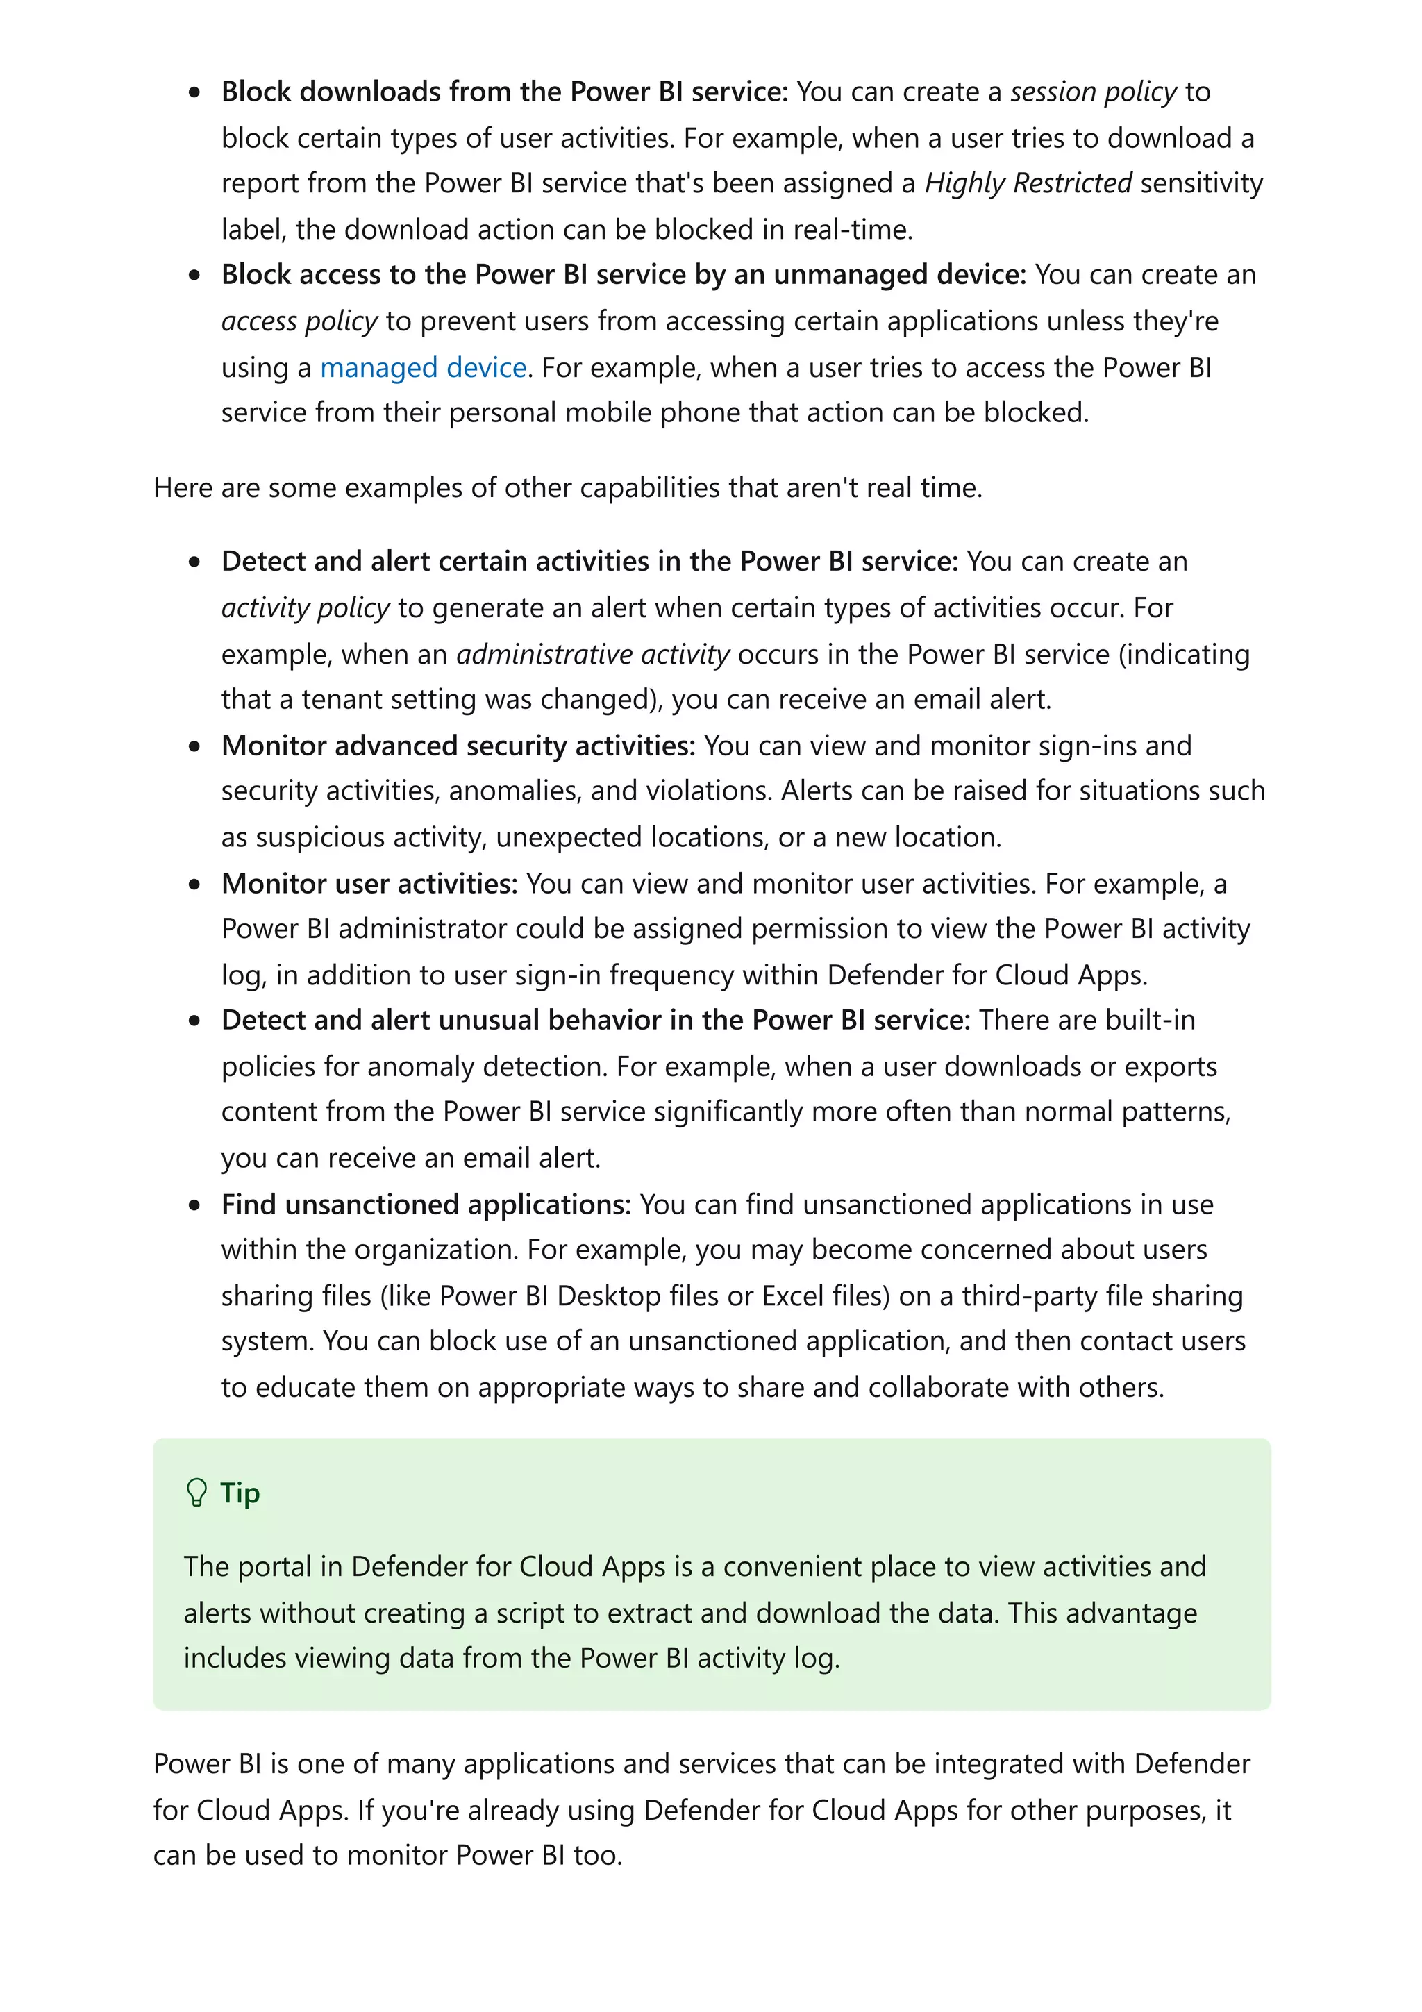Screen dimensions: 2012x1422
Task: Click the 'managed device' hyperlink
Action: pyautogui.click(x=423, y=367)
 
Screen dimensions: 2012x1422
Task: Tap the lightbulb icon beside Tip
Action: pyautogui.click(x=197, y=1493)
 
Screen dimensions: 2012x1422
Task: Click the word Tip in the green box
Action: pyautogui.click(x=240, y=1493)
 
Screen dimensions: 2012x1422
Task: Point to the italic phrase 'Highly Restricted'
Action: pyautogui.click(x=1028, y=183)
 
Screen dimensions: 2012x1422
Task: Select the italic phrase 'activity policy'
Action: pyautogui.click(x=305, y=608)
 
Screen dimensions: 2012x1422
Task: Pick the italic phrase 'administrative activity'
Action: pyautogui.click(x=593, y=655)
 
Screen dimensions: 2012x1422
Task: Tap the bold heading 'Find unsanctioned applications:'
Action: pyautogui.click(x=426, y=1205)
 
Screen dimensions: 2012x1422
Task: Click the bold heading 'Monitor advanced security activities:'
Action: pyautogui.click(x=458, y=746)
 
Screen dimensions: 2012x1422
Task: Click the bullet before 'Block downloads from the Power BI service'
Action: pyautogui.click(x=194, y=92)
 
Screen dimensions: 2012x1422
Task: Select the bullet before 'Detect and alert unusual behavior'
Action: pyautogui.click(x=194, y=1021)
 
